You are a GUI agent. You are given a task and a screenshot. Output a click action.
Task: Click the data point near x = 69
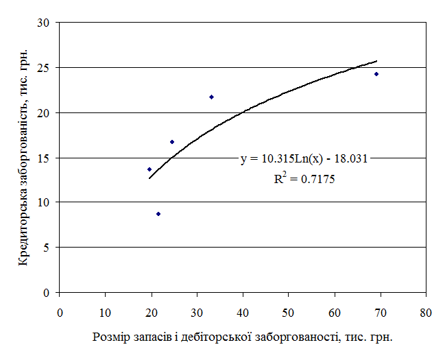tap(376, 74)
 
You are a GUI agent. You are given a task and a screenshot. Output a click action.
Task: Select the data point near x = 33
tap(211, 97)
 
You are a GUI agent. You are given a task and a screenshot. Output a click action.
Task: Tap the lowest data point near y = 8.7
tap(158, 214)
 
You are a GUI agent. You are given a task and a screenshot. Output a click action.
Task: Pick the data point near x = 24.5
tap(172, 142)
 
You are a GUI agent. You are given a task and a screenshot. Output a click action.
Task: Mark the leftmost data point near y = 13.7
tap(149, 169)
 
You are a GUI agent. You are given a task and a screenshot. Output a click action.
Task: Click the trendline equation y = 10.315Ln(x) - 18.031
tap(304, 159)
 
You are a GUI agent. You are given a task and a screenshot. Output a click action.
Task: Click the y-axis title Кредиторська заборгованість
tap(23, 157)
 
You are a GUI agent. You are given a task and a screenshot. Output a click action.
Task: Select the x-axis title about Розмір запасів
tap(242, 337)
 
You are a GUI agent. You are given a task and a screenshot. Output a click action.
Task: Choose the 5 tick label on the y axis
tap(49, 248)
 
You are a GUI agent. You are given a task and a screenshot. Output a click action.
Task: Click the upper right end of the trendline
tap(376, 61)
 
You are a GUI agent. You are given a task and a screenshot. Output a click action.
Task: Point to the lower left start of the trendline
tap(149, 178)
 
